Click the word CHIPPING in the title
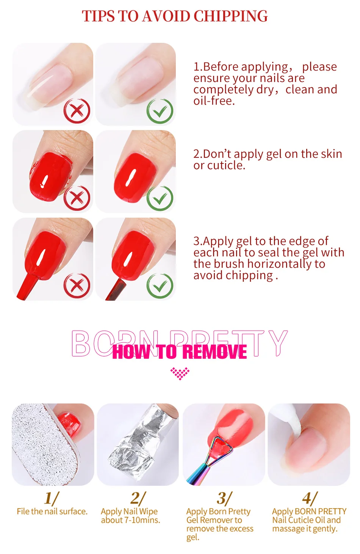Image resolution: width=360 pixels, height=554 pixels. tap(230, 16)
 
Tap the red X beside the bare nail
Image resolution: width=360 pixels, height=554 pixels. tap(77, 111)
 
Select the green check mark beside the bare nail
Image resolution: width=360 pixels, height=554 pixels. tap(160, 111)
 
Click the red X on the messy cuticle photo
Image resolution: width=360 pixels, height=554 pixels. tap(77, 198)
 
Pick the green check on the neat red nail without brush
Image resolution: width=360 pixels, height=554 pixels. tap(160, 198)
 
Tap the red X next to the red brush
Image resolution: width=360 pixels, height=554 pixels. tap(77, 286)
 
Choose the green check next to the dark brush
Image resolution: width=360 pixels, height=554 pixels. tap(160, 286)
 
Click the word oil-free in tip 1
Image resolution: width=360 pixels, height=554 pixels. tap(214, 100)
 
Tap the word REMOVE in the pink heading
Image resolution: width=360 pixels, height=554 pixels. tap(216, 352)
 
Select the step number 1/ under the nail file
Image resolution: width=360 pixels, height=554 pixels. tap(52, 498)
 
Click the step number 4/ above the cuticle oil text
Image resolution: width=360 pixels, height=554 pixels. tap(310, 498)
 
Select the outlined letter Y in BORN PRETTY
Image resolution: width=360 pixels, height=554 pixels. tap(278, 343)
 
